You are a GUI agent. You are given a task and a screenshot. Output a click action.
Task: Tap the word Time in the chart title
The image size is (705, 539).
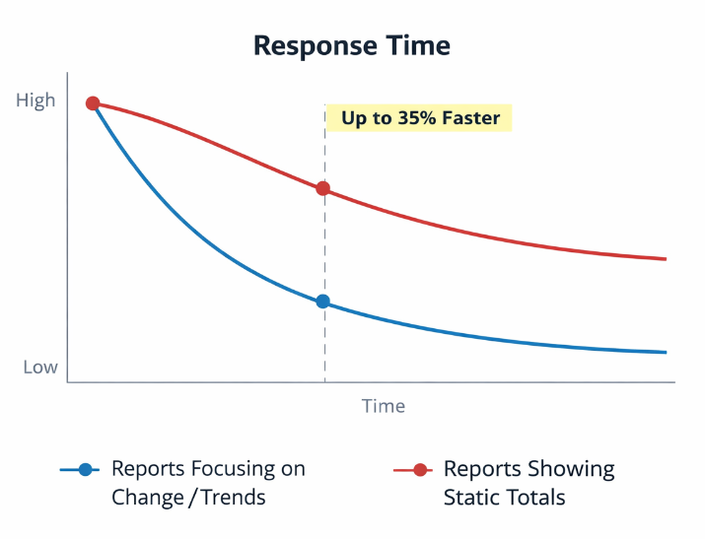[x=416, y=45]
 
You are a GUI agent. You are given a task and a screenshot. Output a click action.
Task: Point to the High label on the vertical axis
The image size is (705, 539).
[x=36, y=101]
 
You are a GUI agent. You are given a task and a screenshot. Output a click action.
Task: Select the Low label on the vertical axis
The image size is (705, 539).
[x=40, y=368]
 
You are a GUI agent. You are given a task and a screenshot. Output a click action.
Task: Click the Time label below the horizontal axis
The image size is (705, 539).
[x=383, y=406]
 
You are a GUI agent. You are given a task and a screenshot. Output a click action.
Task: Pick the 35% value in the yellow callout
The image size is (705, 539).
[x=406, y=119]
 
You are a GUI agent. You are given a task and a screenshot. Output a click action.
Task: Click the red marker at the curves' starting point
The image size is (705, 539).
[x=93, y=103]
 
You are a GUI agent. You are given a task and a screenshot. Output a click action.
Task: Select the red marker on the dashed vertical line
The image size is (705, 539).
[x=322, y=189]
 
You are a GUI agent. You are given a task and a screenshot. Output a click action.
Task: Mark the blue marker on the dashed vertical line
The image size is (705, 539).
[x=322, y=302]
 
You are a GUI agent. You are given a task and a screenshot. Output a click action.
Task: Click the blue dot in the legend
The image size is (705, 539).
[x=86, y=470]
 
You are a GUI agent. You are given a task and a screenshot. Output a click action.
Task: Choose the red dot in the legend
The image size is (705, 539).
[x=419, y=470]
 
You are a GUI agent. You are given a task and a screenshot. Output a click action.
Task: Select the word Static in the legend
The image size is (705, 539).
[x=474, y=498]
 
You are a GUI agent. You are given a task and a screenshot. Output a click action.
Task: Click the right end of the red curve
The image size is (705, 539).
[x=666, y=259]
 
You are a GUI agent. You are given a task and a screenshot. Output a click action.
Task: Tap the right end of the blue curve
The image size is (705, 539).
[x=666, y=352]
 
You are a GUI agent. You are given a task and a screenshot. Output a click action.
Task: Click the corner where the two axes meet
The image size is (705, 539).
[x=67, y=382]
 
